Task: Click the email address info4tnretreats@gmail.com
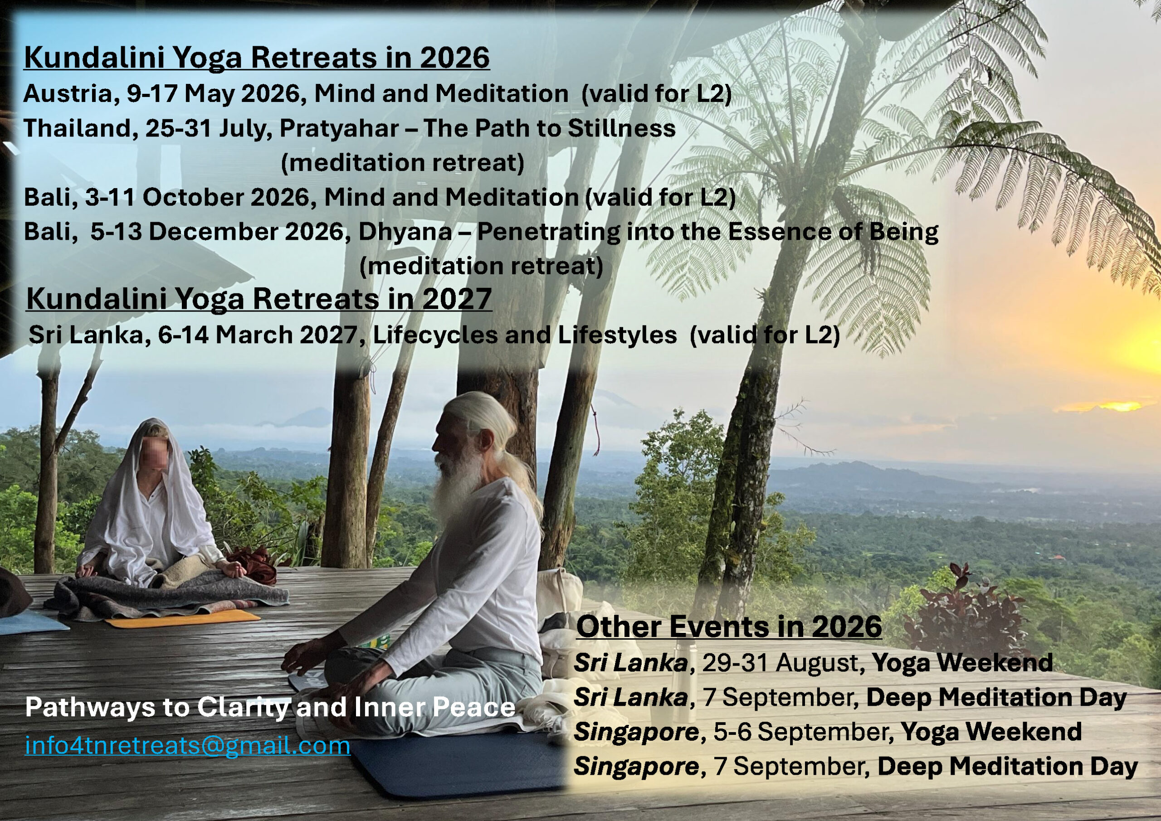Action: click(188, 745)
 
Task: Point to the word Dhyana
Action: click(405, 233)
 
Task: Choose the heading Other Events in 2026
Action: click(729, 627)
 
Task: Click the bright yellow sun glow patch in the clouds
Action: click(1100, 406)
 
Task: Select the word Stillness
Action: click(621, 128)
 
